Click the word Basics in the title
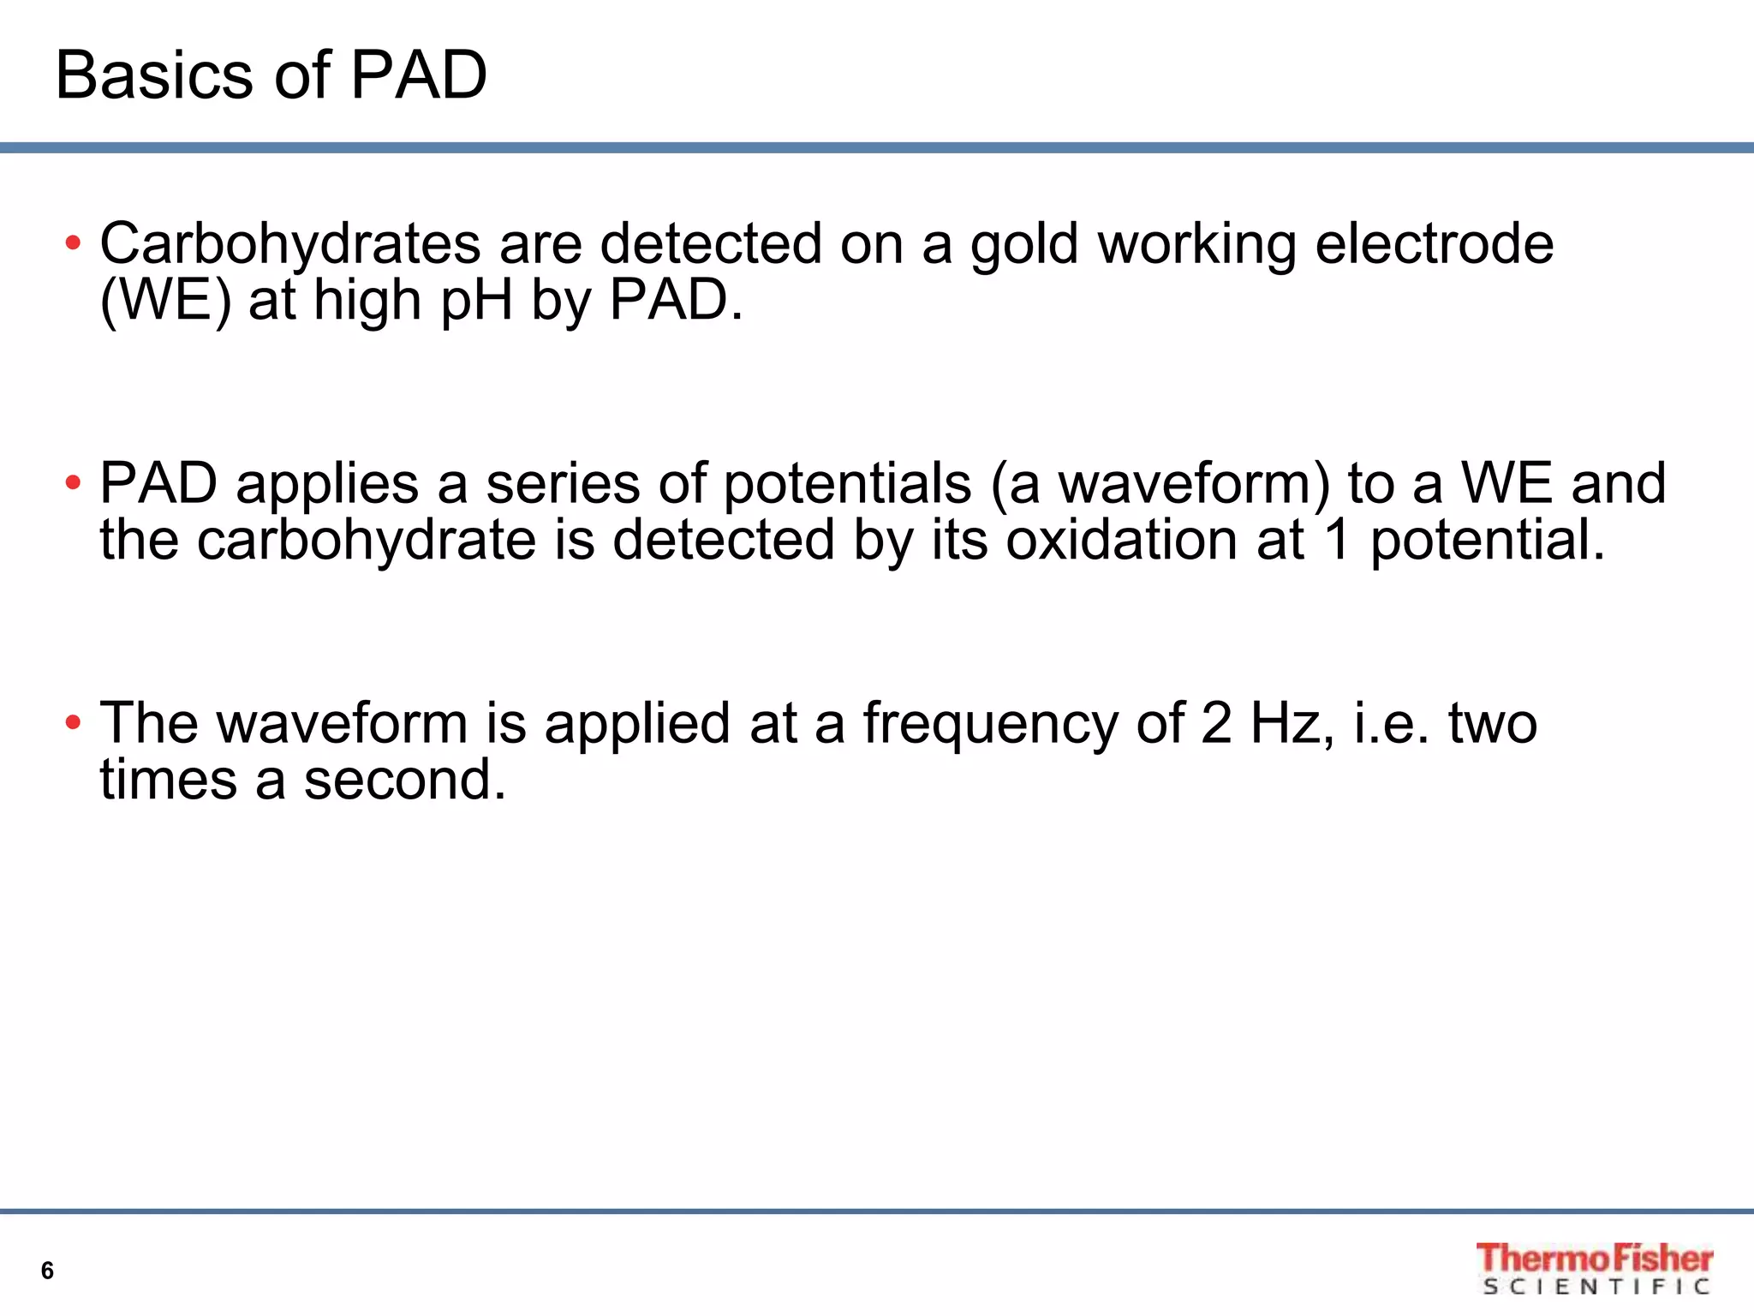coord(155,75)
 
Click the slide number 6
coord(47,1271)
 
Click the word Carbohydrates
coord(290,244)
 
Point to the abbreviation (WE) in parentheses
coord(165,301)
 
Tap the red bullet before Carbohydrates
coord(73,243)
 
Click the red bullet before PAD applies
coord(73,483)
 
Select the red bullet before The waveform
coord(73,723)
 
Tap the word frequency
coord(990,725)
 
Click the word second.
coord(404,781)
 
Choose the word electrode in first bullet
coord(1434,244)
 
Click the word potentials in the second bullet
coord(847,485)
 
